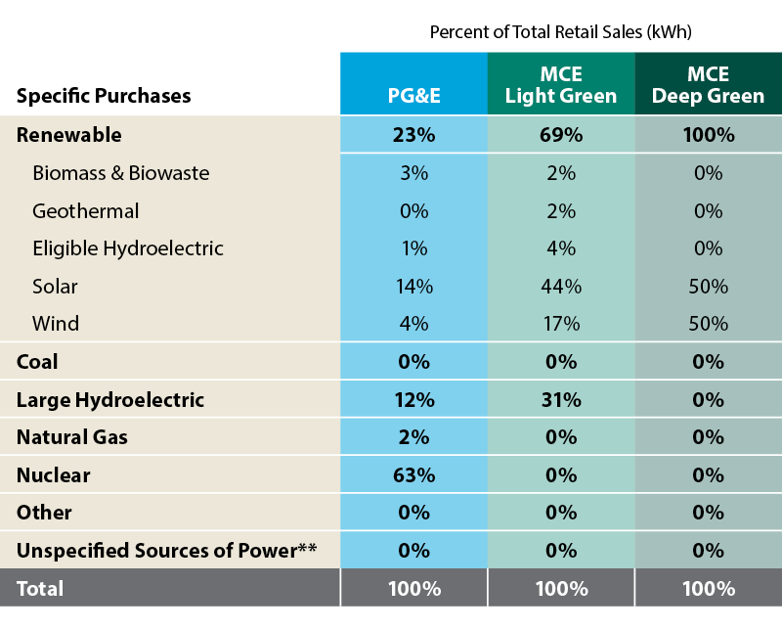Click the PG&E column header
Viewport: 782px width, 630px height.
pos(413,96)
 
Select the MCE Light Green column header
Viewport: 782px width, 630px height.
pos(561,86)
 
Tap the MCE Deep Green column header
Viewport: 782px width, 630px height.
pos(709,86)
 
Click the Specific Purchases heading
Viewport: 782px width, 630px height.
pos(104,96)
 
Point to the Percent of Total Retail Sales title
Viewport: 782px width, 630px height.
pos(560,32)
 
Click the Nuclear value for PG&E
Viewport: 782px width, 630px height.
pos(413,475)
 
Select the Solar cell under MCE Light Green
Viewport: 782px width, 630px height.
pos(561,287)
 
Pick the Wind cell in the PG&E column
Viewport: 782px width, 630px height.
pos(413,324)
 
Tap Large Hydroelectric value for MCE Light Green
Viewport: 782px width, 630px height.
pos(561,400)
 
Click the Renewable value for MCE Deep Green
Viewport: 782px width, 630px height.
pos(709,135)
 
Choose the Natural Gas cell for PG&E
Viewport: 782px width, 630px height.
pos(413,437)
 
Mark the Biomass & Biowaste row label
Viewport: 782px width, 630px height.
pos(121,173)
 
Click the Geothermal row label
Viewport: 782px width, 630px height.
pos(86,211)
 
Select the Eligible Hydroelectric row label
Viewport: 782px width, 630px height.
pos(128,248)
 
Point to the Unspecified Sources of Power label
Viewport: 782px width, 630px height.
pos(167,551)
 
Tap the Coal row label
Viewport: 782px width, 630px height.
pos(37,362)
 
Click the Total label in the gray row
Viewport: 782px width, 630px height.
pos(40,589)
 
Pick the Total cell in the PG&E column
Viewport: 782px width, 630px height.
pos(413,589)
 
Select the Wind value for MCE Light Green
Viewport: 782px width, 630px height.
pos(561,324)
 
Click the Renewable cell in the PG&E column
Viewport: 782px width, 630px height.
pos(413,135)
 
